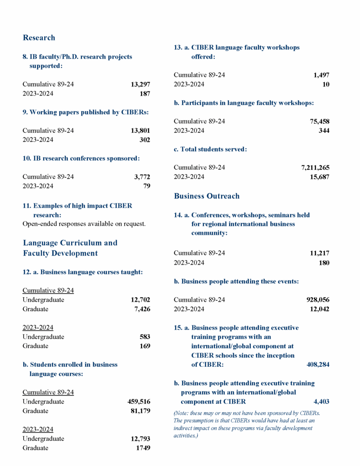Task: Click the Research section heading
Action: (x=39, y=38)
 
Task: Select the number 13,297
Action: (x=140, y=84)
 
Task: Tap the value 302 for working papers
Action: (x=144, y=140)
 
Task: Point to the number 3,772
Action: (x=141, y=177)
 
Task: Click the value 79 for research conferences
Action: (x=147, y=186)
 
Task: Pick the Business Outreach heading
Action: (x=207, y=196)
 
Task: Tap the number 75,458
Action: (x=319, y=122)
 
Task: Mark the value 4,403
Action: (x=321, y=402)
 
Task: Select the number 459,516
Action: (x=138, y=402)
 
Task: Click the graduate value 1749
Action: (x=143, y=448)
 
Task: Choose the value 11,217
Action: (x=319, y=253)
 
